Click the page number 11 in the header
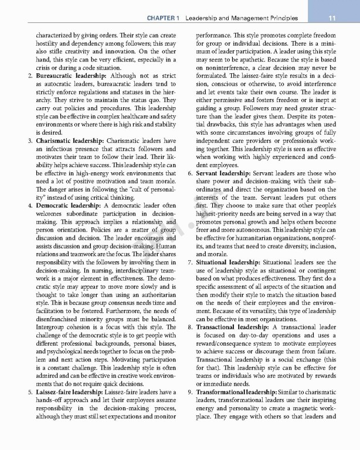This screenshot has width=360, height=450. click(x=331, y=18)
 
